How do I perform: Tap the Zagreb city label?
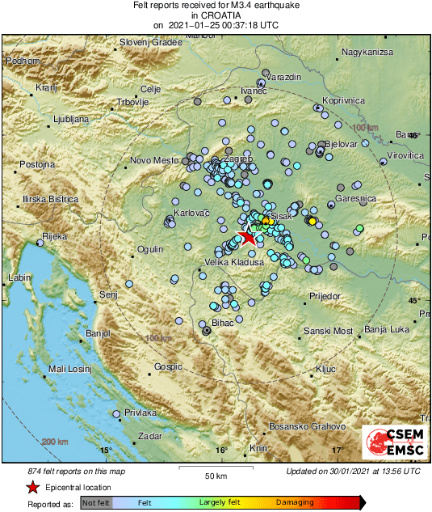pyautogui.click(x=237, y=159)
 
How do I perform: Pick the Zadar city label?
pyautogui.click(x=150, y=436)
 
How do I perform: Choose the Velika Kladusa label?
pyautogui.click(x=234, y=263)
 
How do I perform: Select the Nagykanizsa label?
pyautogui.click(x=367, y=53)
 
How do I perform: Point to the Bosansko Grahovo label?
pyautogui.click(x=307, y=426)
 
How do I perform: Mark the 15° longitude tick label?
pyautogui.click(x=104, y=451)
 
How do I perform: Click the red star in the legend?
pyautogui.click(x=32, y=487)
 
